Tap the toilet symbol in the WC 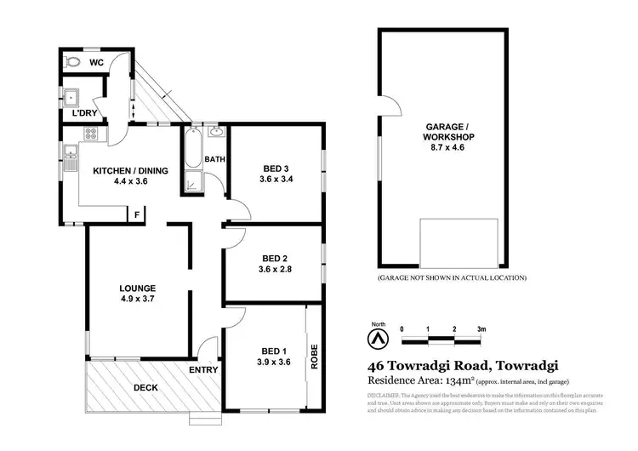73,62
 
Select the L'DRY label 83,113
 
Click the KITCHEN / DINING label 130,170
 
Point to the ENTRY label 205,370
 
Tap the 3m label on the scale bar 481,328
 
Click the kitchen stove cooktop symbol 89,134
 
